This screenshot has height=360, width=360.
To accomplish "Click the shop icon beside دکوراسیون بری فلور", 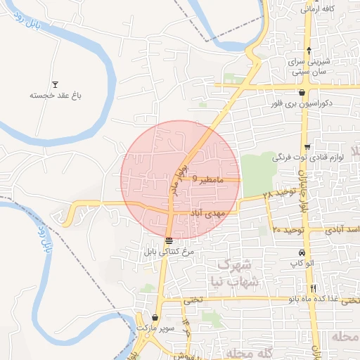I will point(302,92).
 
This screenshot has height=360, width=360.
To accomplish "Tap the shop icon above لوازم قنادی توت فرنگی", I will point(307,147).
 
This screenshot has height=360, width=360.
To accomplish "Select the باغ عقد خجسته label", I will point(51,95).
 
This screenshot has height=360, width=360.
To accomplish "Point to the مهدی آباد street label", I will point(205,212).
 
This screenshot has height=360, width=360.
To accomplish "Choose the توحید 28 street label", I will point(276,193).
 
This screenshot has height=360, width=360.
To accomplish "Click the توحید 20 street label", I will point(288,230).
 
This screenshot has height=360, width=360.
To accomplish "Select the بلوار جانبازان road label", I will point(304,190).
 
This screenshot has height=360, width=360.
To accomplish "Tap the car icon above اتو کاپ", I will point(302,252).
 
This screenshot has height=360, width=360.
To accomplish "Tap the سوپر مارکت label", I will point(154,328).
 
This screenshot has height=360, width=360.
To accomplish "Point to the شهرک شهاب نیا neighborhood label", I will point(238,273).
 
